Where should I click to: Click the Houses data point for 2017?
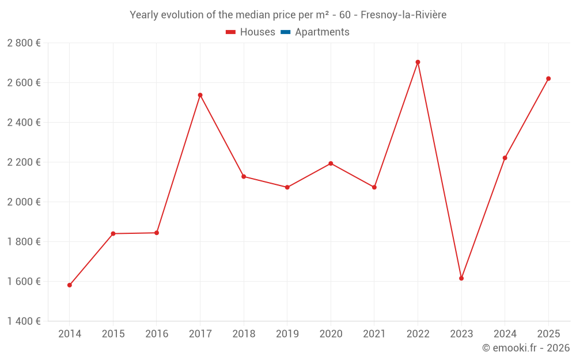(200, 95)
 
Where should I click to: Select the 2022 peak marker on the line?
(418, 62)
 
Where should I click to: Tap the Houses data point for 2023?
(461, 278)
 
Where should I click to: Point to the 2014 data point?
(70, 285)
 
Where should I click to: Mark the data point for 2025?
(548, 78)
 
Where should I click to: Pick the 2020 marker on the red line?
(331, 164)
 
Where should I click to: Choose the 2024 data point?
(505, 158)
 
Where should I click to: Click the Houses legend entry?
(251, 32)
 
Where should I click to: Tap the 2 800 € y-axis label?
(24, 43)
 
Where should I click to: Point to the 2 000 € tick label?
(24, 202)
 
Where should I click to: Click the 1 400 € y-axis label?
(24, 321)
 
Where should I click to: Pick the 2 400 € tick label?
(24, 123)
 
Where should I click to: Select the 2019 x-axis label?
(287, 334)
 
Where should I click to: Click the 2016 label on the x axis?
(157, 334)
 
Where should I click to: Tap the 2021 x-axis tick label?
(374, 334)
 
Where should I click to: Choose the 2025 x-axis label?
(548, 334)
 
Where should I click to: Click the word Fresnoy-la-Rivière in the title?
(403, 15)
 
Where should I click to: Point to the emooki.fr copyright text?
(526, 348)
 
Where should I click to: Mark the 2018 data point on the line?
(244, 176)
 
